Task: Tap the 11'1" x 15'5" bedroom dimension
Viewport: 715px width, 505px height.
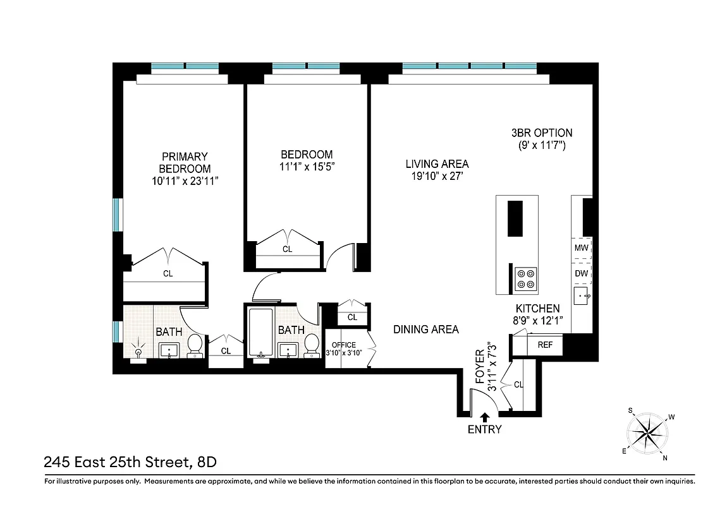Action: [x=307, y=167]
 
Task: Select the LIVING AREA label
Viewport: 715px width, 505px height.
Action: [x=437, y=164]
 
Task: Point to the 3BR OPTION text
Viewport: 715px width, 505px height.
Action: [x=542, y=133]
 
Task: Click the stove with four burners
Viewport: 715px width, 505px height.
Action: [x=526, y=278]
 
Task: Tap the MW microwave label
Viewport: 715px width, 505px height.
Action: [x=581, y=248]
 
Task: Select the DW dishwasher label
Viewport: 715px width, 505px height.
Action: [x=581, y=273]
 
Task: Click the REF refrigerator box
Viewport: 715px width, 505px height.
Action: [x=545, y=345]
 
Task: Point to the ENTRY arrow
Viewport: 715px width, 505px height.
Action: [x=485, y=417]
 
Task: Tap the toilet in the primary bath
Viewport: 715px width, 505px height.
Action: [x=195, y=345]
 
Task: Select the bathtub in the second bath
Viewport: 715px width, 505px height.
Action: [x=260, y=332]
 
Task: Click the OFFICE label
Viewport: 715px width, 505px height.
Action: [x=344, y=345]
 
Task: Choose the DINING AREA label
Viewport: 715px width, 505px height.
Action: [x=425, y=330]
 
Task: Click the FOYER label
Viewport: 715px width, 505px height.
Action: [x=480, y=365]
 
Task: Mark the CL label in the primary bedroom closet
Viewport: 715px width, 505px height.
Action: [x=168, y=274]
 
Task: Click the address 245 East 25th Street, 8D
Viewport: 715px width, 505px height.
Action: [x=130, y=462]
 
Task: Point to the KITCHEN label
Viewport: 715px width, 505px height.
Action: [x=537, y=309]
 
